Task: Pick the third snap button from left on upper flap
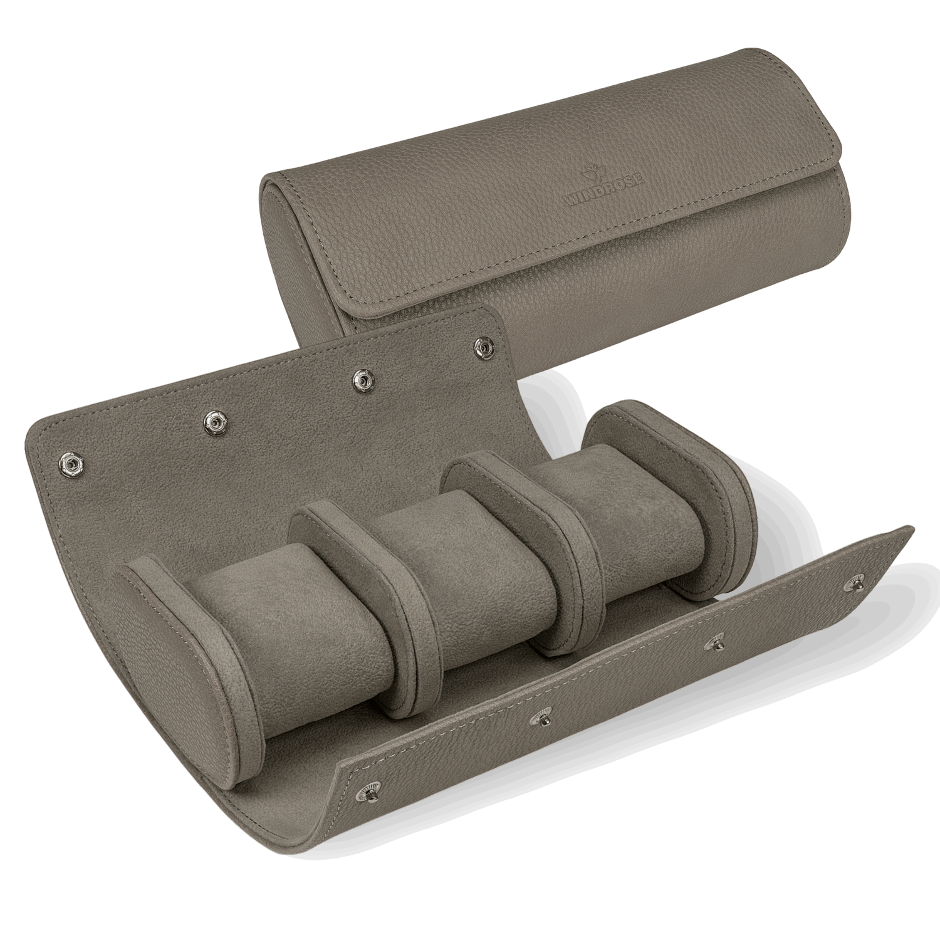point(360,379)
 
